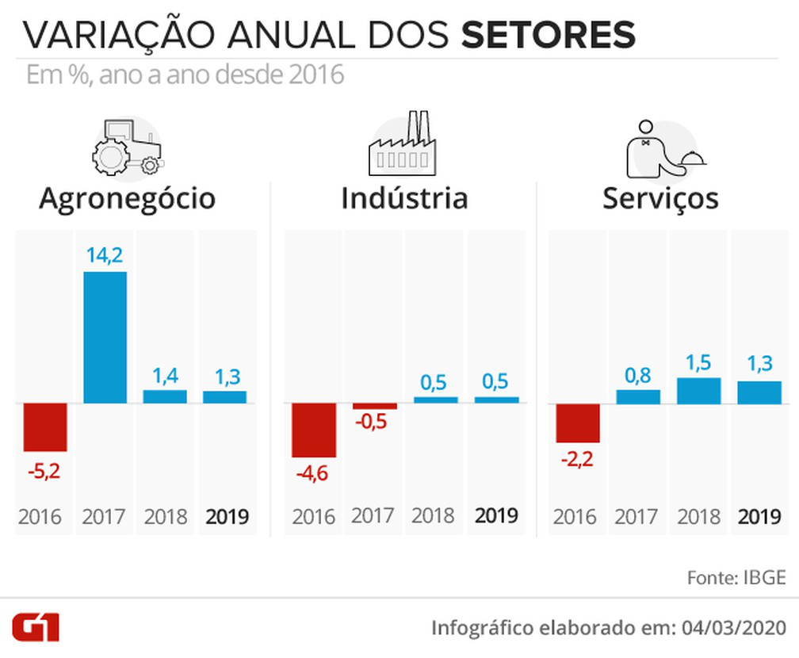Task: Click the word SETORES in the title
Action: [x=549, y=36]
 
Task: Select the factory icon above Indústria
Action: [x=402, y=147]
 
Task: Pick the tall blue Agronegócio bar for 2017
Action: [x=104, y=338]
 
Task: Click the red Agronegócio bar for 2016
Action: [x=44, y=427]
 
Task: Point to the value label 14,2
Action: [x=104, y=255]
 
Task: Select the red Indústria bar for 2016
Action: [x=313, y=430]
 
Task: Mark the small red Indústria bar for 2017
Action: [x=374, y=407]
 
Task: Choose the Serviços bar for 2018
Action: [x=698, y=391]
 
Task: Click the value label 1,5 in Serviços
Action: [x=698, y=362]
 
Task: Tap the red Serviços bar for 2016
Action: [x=578, y=423]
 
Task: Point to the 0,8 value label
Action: [x=638, y=373]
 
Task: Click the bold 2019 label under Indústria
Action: [x=496, y=516]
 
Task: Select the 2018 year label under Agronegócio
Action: [x=166, y=518]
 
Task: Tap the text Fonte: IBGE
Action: [x=736, y=577]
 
